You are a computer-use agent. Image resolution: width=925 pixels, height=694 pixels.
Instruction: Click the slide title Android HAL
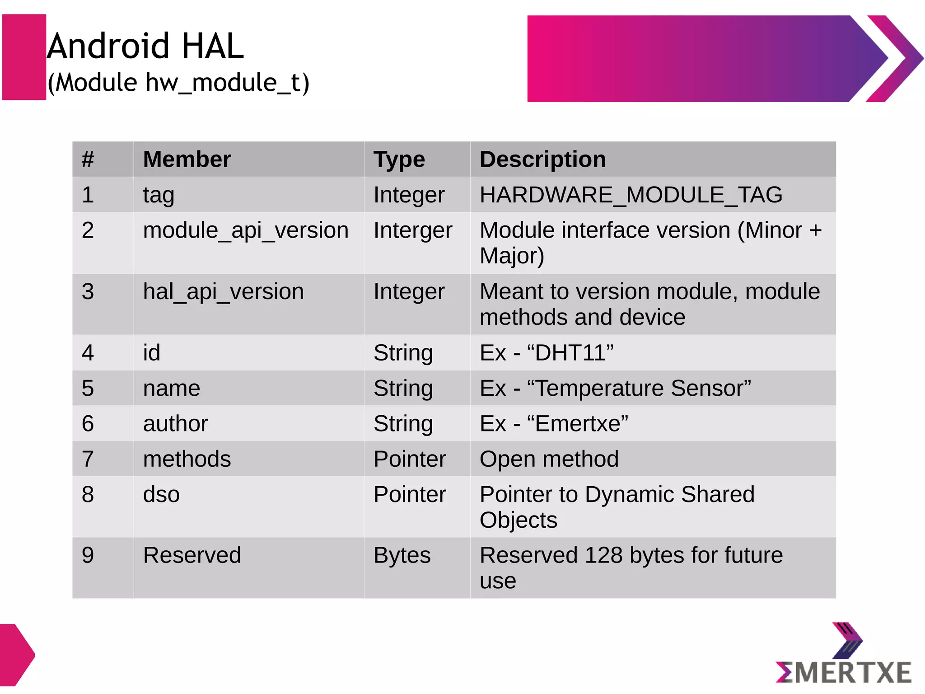coord(145,46)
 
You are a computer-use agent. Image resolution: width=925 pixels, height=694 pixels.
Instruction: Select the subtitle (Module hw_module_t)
coord(178,83)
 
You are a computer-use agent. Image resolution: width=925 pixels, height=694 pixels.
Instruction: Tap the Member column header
coord(187,159)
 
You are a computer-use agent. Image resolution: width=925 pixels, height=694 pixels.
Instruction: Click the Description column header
coord(542,159)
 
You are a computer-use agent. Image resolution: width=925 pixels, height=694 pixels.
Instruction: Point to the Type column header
coord(399,160)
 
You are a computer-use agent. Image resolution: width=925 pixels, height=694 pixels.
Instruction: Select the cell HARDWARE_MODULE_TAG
coord(631,195)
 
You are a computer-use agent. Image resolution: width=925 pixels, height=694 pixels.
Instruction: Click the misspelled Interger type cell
coord(413,230)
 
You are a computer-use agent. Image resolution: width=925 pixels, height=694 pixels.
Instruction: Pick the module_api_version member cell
coord(246,230)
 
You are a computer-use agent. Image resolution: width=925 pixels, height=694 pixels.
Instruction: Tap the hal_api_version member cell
coord(223,291)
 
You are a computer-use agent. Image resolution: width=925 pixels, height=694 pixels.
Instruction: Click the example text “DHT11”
coord(570,353)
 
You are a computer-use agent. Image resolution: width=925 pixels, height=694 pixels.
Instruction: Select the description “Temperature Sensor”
coord(639,388)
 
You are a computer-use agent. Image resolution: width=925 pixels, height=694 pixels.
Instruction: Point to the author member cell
coord(175,424)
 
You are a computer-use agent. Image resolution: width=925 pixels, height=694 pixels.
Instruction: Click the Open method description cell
coord(549,459)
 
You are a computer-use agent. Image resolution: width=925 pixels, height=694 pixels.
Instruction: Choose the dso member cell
coord(161,494)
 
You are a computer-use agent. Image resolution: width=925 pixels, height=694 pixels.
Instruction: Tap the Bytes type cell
coord(402,555)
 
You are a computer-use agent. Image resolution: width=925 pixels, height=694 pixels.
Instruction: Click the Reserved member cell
coord(192,555)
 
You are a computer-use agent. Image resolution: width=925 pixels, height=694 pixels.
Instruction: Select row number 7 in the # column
coord(88,459)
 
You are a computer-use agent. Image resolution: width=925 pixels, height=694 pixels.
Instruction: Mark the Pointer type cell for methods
coord(410,459)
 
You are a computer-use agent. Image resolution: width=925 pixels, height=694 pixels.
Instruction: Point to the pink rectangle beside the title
coord(24,57)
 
